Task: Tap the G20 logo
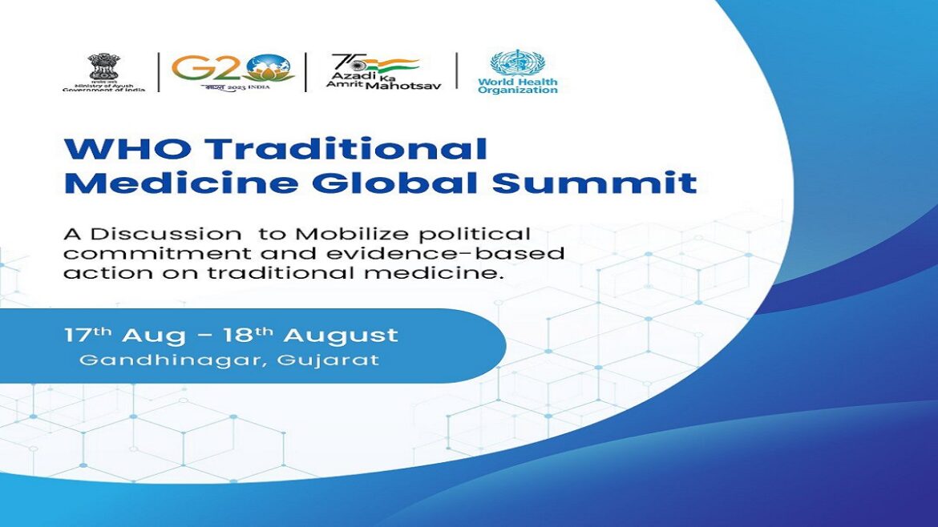point(232,72)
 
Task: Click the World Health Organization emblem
point(517,63)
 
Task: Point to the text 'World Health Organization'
point(517,86)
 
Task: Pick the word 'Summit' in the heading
point(595,183)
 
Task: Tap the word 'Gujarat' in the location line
point(328,360)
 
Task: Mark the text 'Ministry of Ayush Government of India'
point(103,86)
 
